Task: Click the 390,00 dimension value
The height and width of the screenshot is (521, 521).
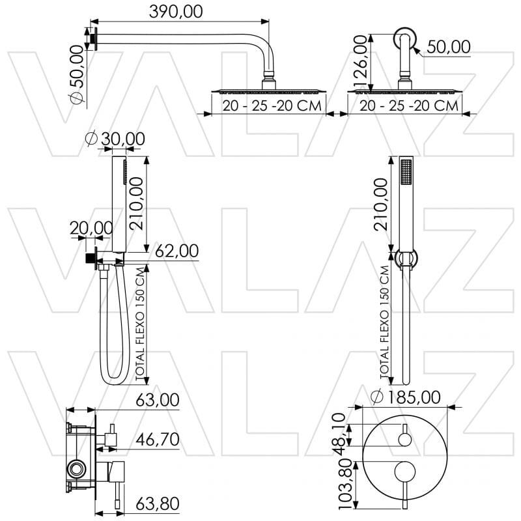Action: pyautogui.click(x=176, y=11)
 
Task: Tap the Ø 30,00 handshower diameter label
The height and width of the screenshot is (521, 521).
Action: pyautogui.click(x=115, y=139)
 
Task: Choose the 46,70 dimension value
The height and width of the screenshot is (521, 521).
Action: pyautogui.click(x=157, y=440)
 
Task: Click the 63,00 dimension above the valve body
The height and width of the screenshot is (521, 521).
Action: pyautogui.click(x=157, y=400)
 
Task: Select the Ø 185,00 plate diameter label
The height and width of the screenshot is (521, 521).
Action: pyautogui.click(x=405, y=396)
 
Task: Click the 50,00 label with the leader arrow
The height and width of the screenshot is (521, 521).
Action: pyautogui.click(x=449, y=46)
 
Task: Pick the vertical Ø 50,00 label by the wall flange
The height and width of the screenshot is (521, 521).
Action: pyautogui.click(x=77, y=72)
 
